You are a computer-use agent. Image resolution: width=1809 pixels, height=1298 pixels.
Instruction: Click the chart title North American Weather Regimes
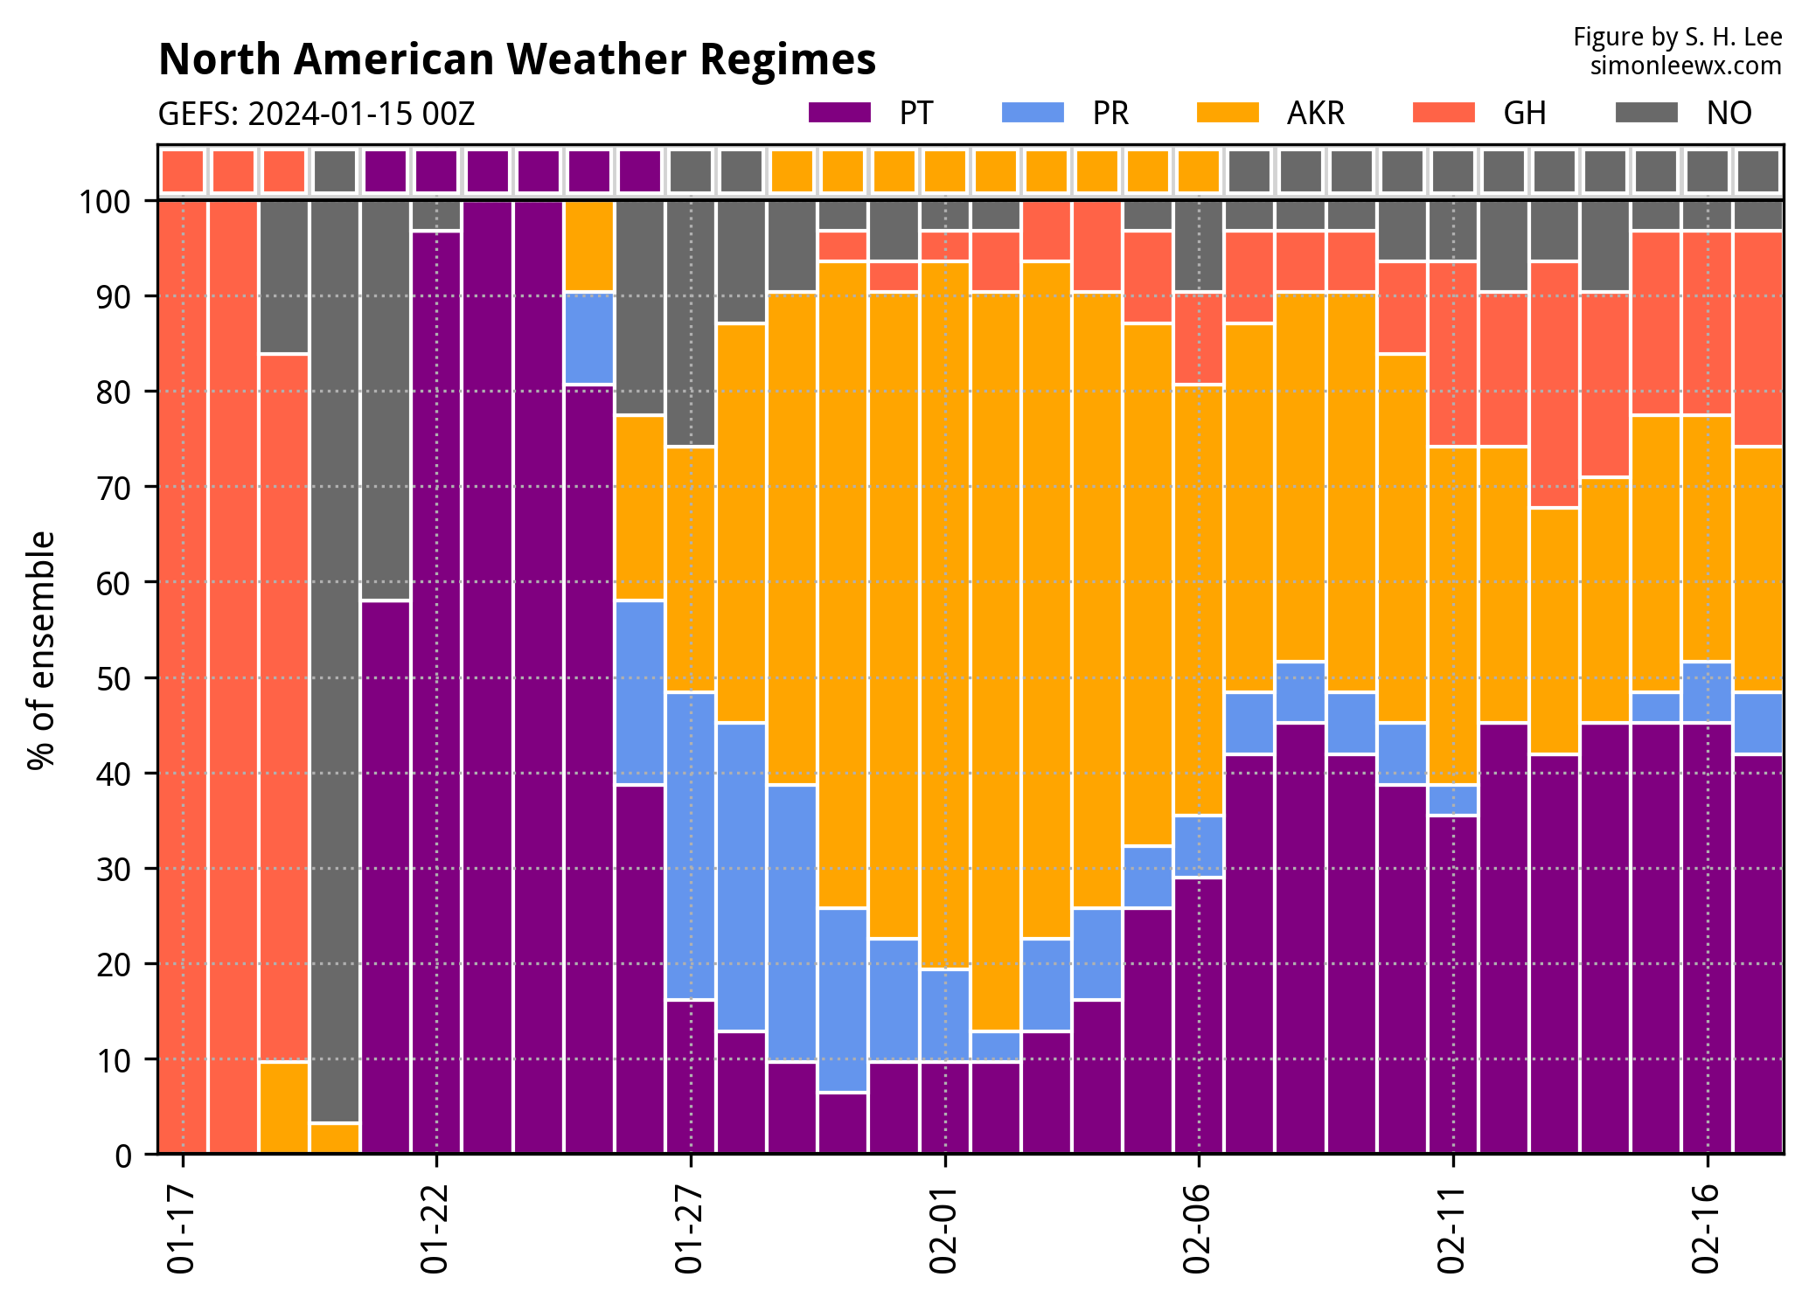[517, 60]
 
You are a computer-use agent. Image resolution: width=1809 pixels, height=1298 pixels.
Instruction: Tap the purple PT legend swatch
[839, 113]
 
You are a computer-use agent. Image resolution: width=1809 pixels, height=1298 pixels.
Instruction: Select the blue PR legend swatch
[1033, 113]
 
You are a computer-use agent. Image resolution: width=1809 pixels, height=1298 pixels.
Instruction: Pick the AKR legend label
[1315, 114]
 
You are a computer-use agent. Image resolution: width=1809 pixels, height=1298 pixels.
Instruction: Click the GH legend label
[1525, 114]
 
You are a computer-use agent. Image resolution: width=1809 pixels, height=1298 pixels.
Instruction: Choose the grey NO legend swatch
[1646, 113]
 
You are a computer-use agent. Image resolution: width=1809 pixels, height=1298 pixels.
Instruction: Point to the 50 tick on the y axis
[113, 678]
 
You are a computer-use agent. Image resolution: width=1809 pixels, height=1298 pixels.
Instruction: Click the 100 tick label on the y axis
[105, 202]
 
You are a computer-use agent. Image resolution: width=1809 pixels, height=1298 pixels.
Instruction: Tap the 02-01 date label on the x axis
[944, 1229]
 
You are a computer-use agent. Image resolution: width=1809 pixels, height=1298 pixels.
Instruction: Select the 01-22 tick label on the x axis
[435, 1229]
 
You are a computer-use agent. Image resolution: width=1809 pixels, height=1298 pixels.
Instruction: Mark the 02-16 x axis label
[1707, 1229]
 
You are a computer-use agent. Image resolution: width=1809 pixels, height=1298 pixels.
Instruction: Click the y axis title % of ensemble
[41, 651]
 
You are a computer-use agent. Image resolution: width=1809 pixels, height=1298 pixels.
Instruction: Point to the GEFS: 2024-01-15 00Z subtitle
[317, 115]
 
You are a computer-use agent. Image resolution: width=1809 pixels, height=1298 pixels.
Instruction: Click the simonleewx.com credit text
[1685, 66]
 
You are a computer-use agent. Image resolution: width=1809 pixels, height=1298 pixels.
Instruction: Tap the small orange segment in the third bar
[283, 1107]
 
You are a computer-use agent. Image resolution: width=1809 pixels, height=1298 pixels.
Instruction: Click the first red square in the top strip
[183, 170]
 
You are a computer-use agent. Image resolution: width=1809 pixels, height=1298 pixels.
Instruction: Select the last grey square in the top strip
[1757, 170]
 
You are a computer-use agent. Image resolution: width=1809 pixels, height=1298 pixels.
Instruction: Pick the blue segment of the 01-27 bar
[690, 845]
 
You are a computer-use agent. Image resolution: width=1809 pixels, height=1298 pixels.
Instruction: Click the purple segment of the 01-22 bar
[435, 691]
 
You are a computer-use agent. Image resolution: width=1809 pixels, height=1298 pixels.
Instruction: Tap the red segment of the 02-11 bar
[1452, 354]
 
